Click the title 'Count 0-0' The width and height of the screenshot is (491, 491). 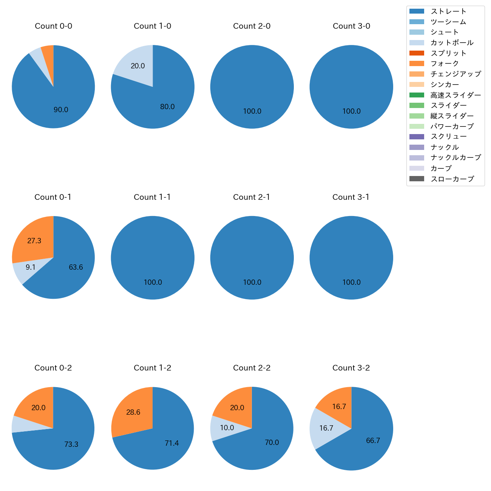[x=53, y=26]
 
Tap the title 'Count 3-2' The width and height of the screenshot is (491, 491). [x=351, y=368]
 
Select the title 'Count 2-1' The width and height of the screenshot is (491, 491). [x=252, y=197]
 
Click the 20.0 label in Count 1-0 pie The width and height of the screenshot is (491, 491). [x=138, y=66]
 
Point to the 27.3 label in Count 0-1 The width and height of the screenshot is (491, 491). [x=34, y=241]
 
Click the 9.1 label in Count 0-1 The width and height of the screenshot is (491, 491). [x=31, y=267]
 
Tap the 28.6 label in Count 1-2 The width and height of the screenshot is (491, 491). [x=133, y=412]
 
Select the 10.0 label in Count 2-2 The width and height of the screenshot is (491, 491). [x=227, y=428]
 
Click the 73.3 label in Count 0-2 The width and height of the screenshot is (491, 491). [x=71, y=445]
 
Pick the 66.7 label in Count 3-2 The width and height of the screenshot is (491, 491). [x=373, y=441]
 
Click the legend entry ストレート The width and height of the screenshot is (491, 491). [x=448, y=11]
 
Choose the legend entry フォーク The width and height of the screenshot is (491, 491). [x=445, y=63]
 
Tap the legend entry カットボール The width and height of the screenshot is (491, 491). [x=452, y=43]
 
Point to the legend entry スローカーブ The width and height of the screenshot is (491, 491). [x=452, y=179]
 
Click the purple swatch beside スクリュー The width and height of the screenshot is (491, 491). [x=417, y=137]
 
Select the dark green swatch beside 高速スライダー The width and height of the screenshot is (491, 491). [x=417, y=95]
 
